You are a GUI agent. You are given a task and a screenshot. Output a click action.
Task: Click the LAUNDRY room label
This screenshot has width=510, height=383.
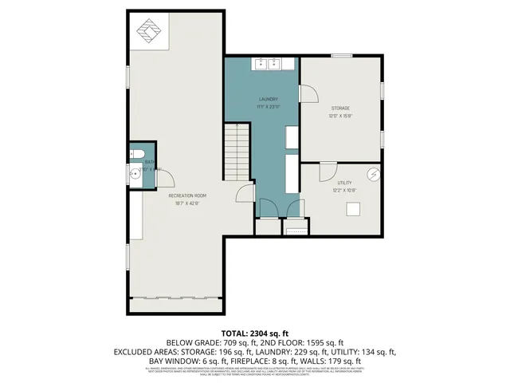point(267,99)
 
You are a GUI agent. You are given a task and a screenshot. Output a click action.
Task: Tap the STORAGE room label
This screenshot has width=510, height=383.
point(340,108)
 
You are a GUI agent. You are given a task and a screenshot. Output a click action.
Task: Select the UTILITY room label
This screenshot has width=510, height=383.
point(343,183)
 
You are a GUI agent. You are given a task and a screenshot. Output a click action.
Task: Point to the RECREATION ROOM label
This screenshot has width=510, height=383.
point(187,195)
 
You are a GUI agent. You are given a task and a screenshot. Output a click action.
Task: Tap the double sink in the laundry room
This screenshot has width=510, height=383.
point(267,63)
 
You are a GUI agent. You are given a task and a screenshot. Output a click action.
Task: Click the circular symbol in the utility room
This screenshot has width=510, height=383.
point(371,173)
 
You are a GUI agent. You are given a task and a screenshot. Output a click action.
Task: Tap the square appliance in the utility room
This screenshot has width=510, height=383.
point(352,208)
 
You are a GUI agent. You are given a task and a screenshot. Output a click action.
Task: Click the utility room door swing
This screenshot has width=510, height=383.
point(328,171)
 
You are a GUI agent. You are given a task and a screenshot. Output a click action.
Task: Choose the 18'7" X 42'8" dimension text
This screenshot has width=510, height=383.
point(187,203)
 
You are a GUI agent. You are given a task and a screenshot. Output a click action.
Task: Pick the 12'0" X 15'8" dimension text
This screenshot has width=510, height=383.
point(340,116)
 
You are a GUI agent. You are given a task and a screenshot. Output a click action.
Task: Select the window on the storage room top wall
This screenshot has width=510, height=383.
point(342,55)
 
